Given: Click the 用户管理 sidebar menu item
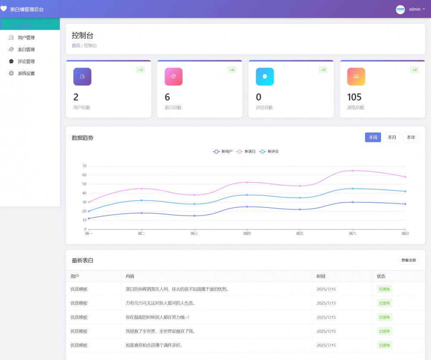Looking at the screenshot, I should tap(26, 38).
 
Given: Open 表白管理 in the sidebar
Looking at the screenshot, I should tap(26, 50).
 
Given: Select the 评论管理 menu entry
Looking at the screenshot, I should tap(26, 61).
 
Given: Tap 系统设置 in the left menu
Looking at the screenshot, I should tap(26, 73).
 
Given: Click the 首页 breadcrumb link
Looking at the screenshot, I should tap(76, 45).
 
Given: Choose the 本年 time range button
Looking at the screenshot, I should tap(411, 138).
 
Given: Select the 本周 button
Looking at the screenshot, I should tap(373, 138).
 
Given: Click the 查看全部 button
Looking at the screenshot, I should tap(408, 260).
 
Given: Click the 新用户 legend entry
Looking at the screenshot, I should tap(223, 151).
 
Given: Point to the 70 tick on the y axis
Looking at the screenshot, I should tap(84, 166).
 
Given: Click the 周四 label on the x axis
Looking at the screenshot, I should tap(247, 234).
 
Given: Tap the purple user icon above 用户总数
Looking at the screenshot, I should tap(82, 77).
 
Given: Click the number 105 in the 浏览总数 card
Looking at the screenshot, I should tap(354, 97).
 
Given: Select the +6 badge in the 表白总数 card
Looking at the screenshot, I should tap(232, 70).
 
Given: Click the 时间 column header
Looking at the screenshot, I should tap(321, 276).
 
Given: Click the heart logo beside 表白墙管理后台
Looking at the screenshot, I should tap(4, 9).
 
